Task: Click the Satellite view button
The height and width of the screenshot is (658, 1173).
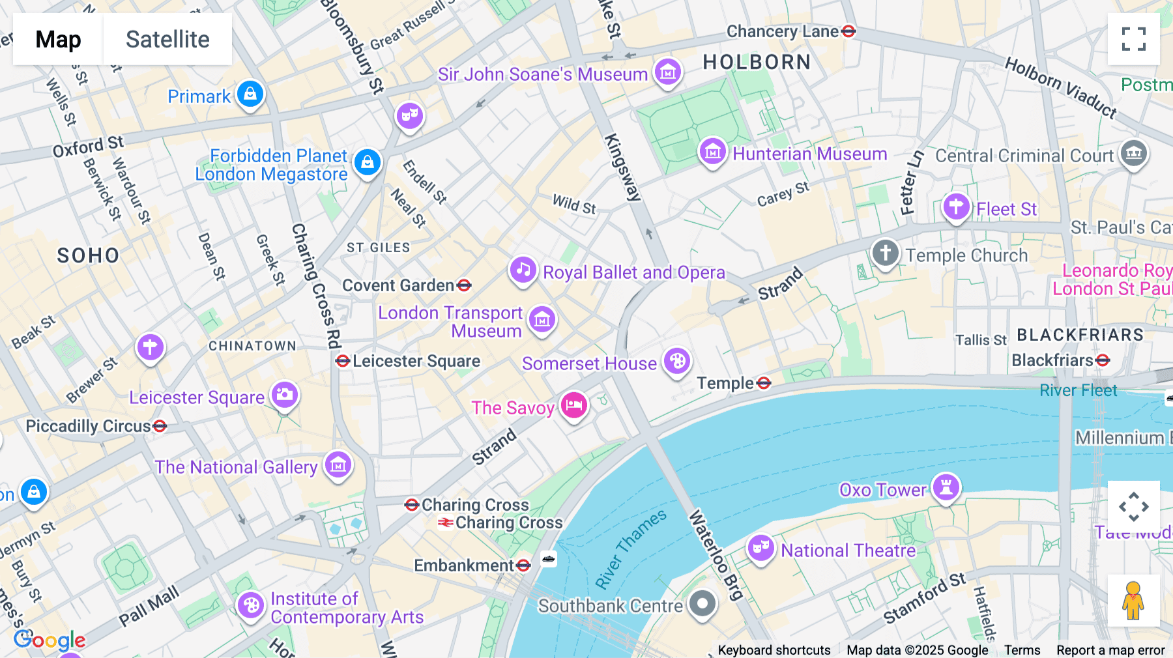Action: pyautogui.click(x=167, y=39)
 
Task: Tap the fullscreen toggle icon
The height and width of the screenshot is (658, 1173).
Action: pyautogui.click(x=1133, y=39)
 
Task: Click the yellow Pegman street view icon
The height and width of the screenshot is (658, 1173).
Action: pyautogui.click(x=1133, y=601)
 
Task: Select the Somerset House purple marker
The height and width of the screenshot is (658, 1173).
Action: pyautogui.click(x=677, y=361)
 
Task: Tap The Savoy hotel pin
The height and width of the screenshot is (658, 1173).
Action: pyautogui.click(x=573, y=405)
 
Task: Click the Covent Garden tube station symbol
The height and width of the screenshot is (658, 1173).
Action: pyautogui.click(x=464, y=285)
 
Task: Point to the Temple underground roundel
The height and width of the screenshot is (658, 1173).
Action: pyautogui.click(x=764, y=383)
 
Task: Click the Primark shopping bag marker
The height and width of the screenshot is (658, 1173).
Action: pyautogui.click(x=250, y=94)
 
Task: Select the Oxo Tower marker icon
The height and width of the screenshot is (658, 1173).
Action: pyautogui.click(x=946, y=487)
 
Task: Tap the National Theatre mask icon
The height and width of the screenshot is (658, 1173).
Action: pyautogui.click(x=760, y=548)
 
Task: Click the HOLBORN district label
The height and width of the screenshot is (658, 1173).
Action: pyautogui.click(x=757, y=63)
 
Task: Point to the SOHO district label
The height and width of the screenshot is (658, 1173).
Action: pyautogui.click(x=88, y=255)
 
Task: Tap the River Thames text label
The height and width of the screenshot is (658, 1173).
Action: pyautogui.click(x=630, y=549)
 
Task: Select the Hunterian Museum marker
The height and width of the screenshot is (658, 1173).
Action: pyautogui.click(x=712, y=152)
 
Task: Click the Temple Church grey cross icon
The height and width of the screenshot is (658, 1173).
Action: pyautogui.click(x=885, y=253)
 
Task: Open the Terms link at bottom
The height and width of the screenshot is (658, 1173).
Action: pyautogui.click(x=1022, y=650)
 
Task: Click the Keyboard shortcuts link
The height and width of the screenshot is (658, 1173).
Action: pyautogui.click(x=774, y=650)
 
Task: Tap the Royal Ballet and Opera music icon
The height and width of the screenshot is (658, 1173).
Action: pyautogui.click(x=523, y=270)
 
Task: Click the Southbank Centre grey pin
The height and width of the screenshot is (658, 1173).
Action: pyautogui.click(x=702, y=603)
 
